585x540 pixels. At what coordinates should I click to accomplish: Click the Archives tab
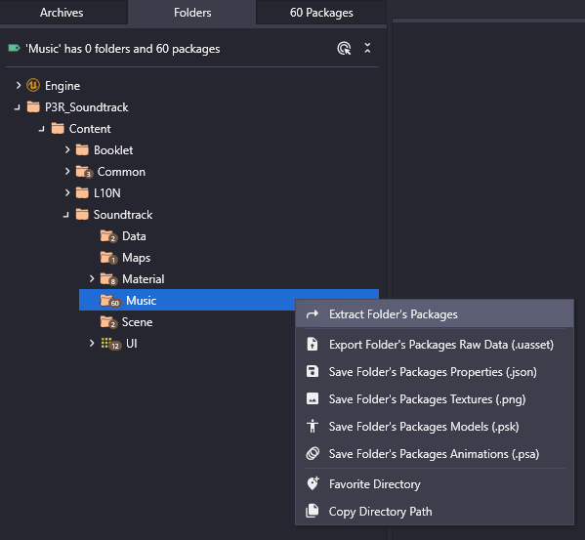[x=62, y=13]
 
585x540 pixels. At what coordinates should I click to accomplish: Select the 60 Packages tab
[x=321, y=13]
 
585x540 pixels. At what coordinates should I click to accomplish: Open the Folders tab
[x=192, y=13]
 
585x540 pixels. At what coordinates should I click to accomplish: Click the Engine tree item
[x=63, y=86]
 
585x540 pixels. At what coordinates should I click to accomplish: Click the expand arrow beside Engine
[x=19, y=85]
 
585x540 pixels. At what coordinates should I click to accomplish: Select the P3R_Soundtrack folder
[x=87, y=107]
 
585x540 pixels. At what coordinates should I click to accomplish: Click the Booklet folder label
[x=113, y=150]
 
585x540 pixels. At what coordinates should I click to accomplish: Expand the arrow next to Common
[x=67, y=171]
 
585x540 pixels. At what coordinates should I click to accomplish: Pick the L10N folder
[x=107, y=193]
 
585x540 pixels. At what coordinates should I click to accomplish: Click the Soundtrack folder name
[x=123, y=215]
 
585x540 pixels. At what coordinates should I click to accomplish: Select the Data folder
[x=134, y=236]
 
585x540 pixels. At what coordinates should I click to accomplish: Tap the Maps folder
[x=136, y=258]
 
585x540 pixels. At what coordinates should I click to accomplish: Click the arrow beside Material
[x=92, y=278]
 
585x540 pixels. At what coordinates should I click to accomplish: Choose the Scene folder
[x=137, y=322]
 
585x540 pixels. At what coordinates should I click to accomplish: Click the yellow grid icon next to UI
[x=105, y=343]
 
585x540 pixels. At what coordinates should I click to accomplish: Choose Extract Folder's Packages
[x=394, y=314]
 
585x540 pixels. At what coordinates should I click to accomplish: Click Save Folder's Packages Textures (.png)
[x=427, y=399]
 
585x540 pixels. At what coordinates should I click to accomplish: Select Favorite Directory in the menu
[x=375, y=484]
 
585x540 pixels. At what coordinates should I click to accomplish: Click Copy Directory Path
[x=380, y=512]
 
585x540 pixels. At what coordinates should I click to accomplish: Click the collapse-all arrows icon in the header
[x=367, y=48]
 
